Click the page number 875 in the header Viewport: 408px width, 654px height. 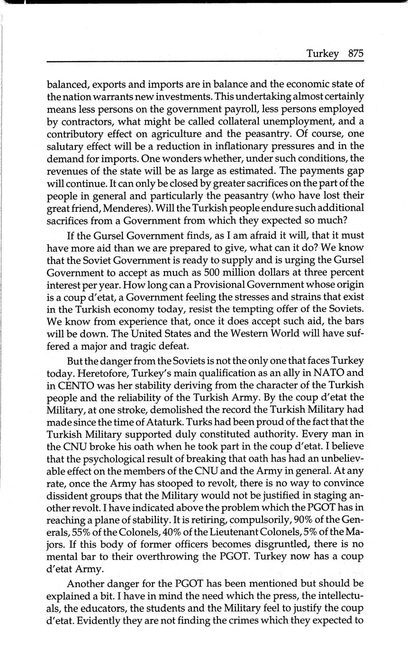tap(355, 54)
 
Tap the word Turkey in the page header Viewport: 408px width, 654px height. tap(322, 54)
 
